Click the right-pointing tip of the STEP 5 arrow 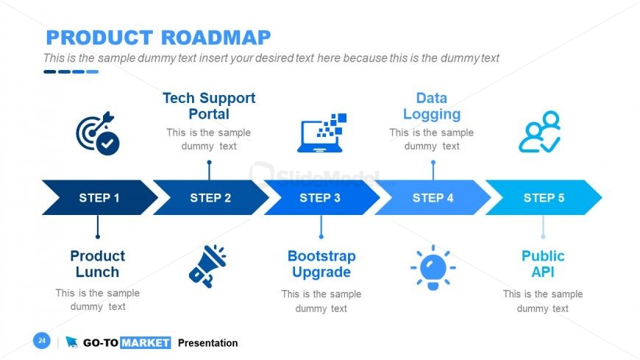[x=602, y=197]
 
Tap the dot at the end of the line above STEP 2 [x=210, y=162]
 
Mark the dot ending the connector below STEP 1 [x=98, y=236]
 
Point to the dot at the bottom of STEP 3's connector [x=321, y=236]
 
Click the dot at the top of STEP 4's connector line [x=433, y=162]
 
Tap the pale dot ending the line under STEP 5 [x=543, y=236]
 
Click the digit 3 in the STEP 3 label [x=337, y=198]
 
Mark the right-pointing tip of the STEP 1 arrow [x=157, y=197]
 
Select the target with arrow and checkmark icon [x=98, y=133]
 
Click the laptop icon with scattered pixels [x=321, y=133]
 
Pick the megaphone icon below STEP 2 [x=207, y=266]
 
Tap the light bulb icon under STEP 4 [x=433, y=268]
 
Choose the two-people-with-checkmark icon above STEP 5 [x=540, y=132]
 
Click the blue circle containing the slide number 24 [x=42, y=340]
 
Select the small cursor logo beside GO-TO [x=71, y=342]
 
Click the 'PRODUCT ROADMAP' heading [x=158, y=38]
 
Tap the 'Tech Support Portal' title [x=209, y=106]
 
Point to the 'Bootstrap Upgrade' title [x=321, y=264]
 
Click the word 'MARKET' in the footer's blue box [x=146, y=342]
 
